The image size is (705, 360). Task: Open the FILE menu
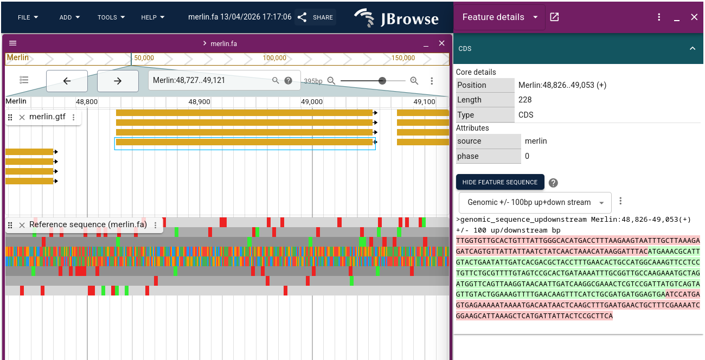[x=28, y=17]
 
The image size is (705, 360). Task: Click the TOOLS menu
[x=111, y=17]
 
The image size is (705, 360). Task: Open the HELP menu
[x=152, y=17]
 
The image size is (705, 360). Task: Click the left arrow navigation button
[x=67, y=81]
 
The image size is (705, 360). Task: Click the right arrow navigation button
[x=118, y=81]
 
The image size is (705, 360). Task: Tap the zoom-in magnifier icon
[x=414, y=81]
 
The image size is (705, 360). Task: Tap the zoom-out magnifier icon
[x=331, y=81]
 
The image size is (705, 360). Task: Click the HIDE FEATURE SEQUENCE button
[x=499, y=182]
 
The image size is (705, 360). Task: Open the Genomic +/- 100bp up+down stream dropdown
[x=535, y=202]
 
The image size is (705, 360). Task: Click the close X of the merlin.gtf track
[x=22, y=118]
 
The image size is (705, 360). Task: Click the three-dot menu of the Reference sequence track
[x=156, y=225]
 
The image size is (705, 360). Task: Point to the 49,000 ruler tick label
[x=312, y=102]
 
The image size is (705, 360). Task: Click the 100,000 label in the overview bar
[x=274, y=58]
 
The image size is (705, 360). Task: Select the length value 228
[x=525, y=100]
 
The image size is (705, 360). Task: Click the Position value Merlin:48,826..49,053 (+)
[x=562, y=85]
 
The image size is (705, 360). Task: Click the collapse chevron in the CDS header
[x=692, y=49]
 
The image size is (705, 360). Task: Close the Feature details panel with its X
[x=694, y=17]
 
